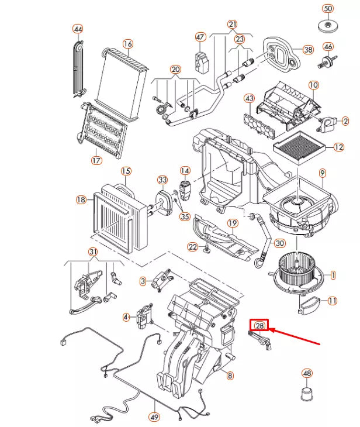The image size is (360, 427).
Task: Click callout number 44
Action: (78, 29)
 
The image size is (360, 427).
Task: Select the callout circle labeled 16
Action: (128, 44)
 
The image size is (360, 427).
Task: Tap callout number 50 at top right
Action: (328, 9)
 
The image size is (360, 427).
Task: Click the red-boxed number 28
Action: (259, 325)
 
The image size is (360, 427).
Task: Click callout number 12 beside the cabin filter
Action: (338, 147)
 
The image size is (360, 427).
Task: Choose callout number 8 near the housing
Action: (230, 376)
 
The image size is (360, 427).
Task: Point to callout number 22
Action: (193, 247)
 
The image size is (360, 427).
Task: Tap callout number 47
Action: (200, 37)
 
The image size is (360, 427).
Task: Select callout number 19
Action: (232, 223)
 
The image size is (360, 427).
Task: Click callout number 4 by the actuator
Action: (126, 317)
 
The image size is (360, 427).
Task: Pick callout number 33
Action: (162, 180)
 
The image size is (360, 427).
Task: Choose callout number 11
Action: (332, 301)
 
